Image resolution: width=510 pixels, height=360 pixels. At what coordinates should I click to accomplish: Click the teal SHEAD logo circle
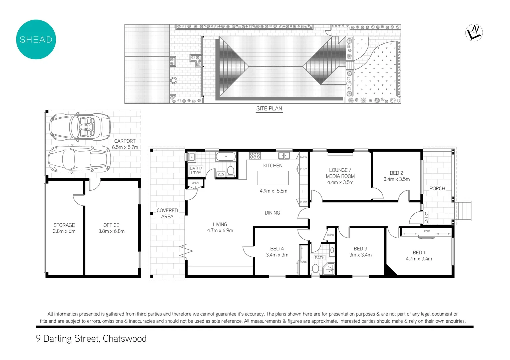(x=36, y=39)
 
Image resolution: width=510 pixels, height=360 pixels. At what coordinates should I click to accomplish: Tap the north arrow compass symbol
(x=474, y=33)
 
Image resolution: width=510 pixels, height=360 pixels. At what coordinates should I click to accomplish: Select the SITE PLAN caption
(x=269, y=109)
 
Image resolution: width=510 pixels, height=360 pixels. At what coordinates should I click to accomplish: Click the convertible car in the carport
(x=80, y=127)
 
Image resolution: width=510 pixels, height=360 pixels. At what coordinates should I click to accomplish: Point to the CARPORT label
(x=125, y=141)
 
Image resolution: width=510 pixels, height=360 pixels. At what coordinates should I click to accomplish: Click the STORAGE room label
(x=64, y=225)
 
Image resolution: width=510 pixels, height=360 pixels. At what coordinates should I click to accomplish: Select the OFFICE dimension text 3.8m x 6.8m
(x=111, y=231)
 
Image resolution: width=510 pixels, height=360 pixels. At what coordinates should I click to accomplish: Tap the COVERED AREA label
(x=167, y=213)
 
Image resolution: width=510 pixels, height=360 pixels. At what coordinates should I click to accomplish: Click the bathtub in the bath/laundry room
(x=225, y=156)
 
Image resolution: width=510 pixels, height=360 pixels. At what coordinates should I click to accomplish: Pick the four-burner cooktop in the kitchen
(x=255, y=156)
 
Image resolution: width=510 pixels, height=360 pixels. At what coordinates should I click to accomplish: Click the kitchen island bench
(x=273, y=178)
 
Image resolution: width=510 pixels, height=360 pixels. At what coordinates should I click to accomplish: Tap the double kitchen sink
(x=284, y=156)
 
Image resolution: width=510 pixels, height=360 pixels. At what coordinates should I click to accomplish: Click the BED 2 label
(x=396, y=173)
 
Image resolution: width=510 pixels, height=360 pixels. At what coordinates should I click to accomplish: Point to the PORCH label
(x=437, y=189)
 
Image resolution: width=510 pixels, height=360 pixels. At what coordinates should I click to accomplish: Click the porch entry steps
(x=464, y=211)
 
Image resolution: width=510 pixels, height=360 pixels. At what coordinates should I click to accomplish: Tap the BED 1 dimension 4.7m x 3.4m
(x=419, y=259)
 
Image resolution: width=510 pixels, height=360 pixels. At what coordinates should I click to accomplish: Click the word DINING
(x=272, y=213)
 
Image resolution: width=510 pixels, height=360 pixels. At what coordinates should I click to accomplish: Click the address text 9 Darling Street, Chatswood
(x=91, y=339)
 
